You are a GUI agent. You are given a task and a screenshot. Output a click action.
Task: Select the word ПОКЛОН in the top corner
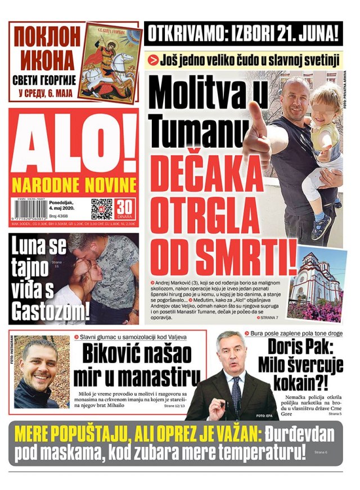pyautogui.click(x=47, y=38)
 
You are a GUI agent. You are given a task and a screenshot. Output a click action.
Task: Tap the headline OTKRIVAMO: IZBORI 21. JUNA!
pyautogui.click(x=243, y=34)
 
